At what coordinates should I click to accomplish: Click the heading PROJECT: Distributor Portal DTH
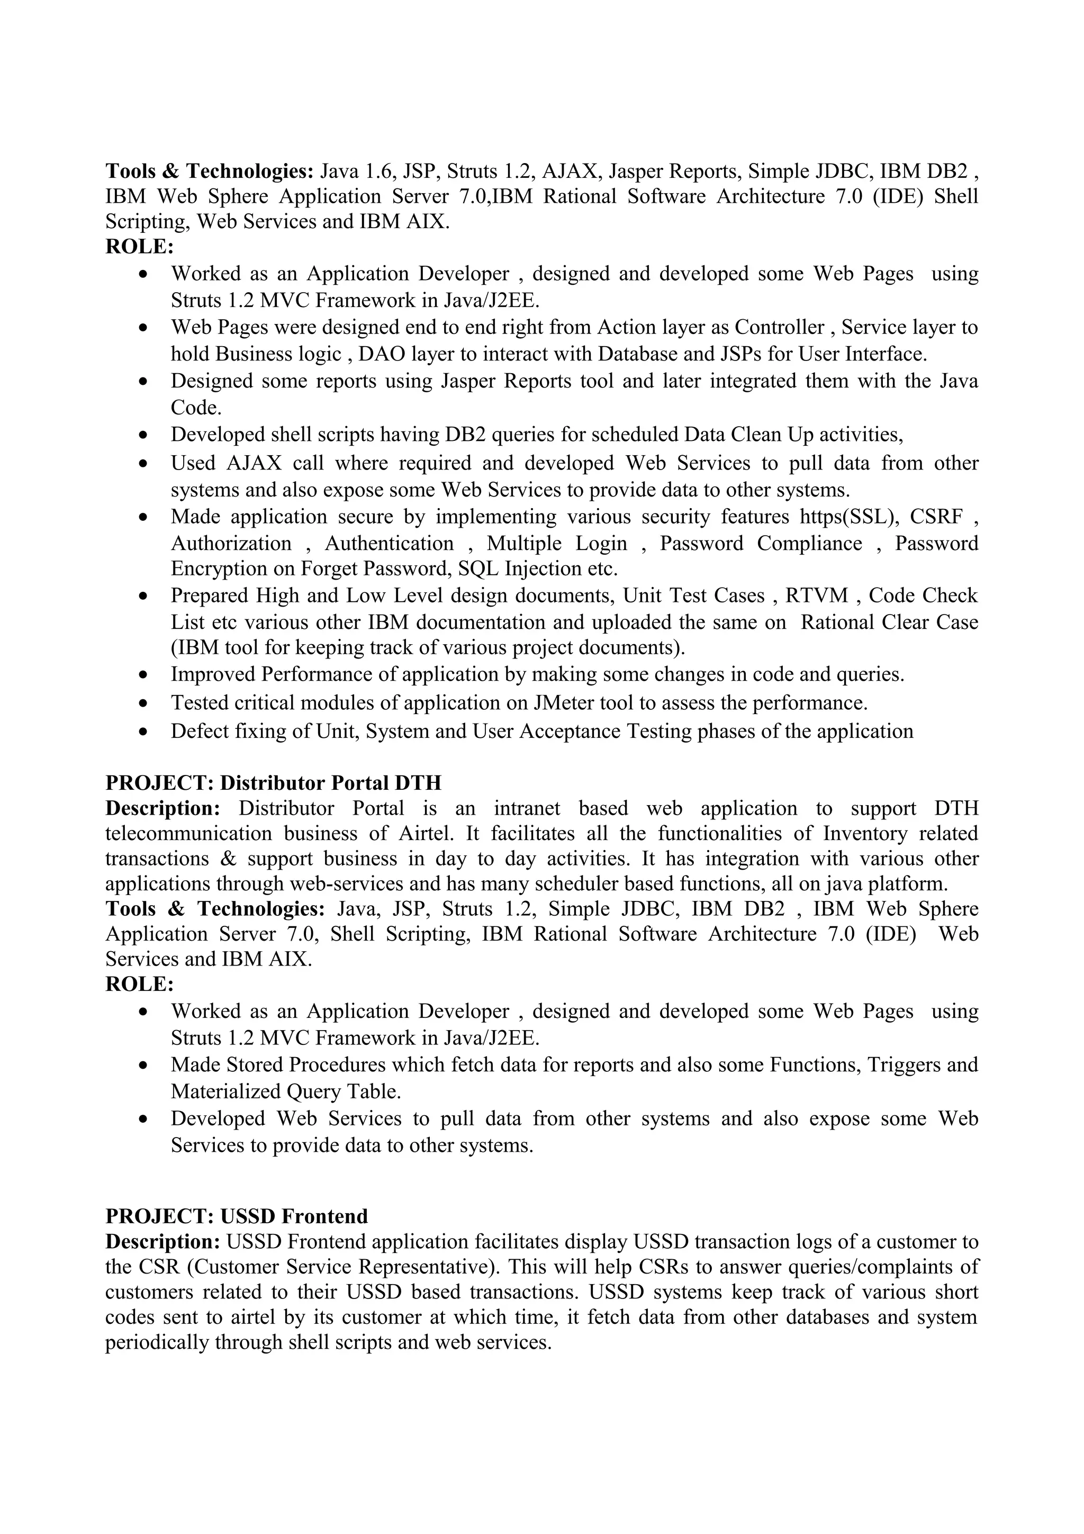point(273,782)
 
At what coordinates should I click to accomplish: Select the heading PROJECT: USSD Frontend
point(237,1215)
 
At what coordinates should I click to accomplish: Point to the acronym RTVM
point(816,595)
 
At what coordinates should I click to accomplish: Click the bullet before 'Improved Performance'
point(143,675)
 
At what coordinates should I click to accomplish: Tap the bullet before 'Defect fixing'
point(143,732)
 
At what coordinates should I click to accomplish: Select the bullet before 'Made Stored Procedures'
point(143,1065)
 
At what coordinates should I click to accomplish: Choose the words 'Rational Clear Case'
point(889,622)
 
